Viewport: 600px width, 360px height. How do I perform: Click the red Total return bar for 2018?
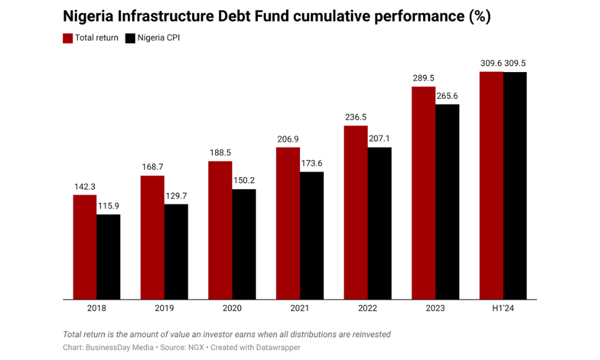(85, 247)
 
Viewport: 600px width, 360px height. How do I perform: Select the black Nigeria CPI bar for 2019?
(176, 251)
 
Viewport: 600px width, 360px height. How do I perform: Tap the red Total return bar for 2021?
(288, 223)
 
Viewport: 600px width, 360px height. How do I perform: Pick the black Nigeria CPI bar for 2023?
(447, 202)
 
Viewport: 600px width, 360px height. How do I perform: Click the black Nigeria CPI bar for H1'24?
(515, 185)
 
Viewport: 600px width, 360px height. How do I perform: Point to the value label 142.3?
(85, 187)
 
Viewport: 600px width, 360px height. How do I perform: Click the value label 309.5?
(515, 63)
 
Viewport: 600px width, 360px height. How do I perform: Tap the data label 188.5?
(220, 152)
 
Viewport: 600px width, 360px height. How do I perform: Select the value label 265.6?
(447, 96)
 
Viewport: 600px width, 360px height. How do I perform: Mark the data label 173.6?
(311, 163)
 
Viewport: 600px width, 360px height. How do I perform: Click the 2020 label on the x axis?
(232, 308)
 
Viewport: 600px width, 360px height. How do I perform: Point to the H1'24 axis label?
(503, 308)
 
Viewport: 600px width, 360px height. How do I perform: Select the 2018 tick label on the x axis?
(97, 308)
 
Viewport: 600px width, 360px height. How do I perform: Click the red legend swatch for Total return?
(68, 38)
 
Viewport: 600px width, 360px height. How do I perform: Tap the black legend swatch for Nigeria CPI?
(130, 38)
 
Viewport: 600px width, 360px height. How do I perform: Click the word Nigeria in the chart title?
(88, 17)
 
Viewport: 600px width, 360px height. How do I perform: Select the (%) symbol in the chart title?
(479, 17)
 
